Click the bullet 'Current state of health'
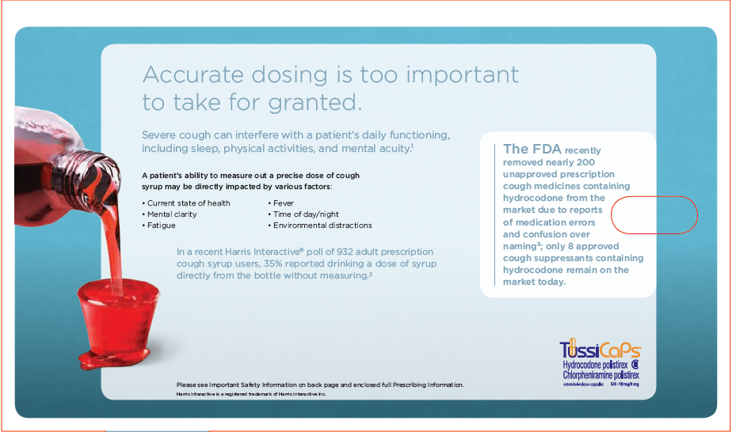(189, 203)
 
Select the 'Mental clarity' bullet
(172, 214)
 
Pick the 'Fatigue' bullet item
(161, 225)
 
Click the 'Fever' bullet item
(283, 203)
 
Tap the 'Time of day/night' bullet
(305, 214)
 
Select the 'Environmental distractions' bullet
(322, 225)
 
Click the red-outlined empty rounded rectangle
(654, 214)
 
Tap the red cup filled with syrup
(111, 316)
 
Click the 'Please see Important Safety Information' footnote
(319, 385)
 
